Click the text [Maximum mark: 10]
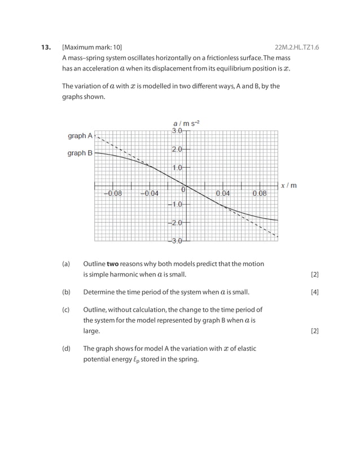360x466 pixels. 92,47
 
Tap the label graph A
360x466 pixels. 80,136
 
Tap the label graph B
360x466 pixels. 80,153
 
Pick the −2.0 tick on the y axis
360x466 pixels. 175,223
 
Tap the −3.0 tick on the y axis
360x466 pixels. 175,241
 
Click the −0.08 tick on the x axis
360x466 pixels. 112,193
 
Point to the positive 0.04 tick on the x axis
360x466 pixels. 223,193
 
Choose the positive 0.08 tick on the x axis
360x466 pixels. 260,193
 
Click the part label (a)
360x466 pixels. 66,263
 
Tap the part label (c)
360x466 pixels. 66,309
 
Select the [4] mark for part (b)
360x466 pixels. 315,292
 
